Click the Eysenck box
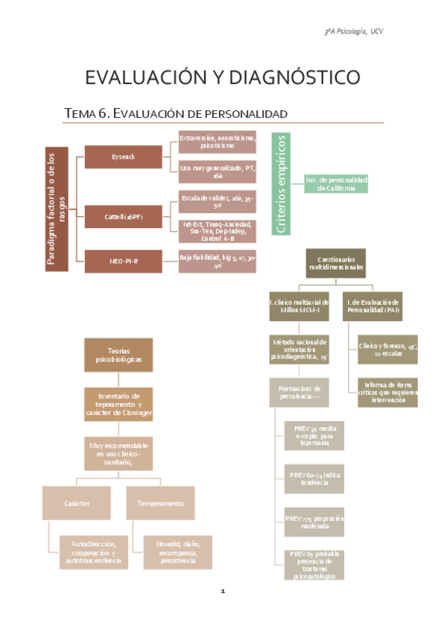click(122, 157)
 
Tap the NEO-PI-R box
click(122, 261)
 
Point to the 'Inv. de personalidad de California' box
click(337, 184)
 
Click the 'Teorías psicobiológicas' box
click(118, 355)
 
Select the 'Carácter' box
click(77, 503)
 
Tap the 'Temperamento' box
click(160, 503)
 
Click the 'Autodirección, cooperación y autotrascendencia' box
click(94, 552)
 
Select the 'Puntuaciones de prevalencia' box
click(298, 392)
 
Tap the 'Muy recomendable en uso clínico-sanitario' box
click(118, 453)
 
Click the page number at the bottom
click(223, 592)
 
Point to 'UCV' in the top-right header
click(377, 31)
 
